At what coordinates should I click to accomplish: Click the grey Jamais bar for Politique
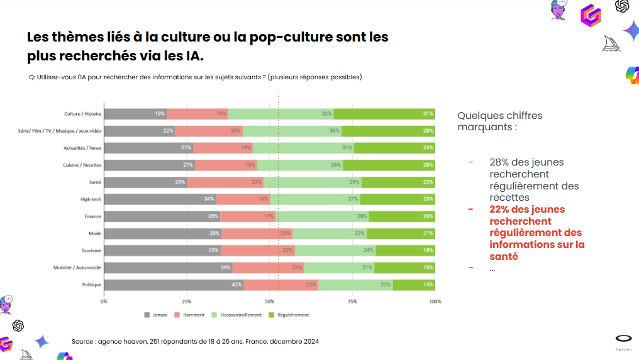(174, 284)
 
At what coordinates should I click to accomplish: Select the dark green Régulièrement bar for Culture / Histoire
(384, 114)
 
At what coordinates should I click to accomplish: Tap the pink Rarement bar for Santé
(225, 183)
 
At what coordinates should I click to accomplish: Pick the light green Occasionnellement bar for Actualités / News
(303, 148)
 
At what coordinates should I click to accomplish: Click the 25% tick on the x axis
(187, 301)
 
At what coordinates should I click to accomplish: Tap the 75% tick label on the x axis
(352, 301)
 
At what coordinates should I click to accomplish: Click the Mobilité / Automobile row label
(77, 267)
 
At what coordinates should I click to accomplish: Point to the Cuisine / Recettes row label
(82, 165)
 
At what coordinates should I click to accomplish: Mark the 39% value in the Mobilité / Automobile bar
(226, 267)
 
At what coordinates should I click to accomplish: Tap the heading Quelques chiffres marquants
(499, 121)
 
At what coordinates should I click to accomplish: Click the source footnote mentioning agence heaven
(195, 341)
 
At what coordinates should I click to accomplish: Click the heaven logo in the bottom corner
(623, 340)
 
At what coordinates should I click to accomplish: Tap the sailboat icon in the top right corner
(611, 43)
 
